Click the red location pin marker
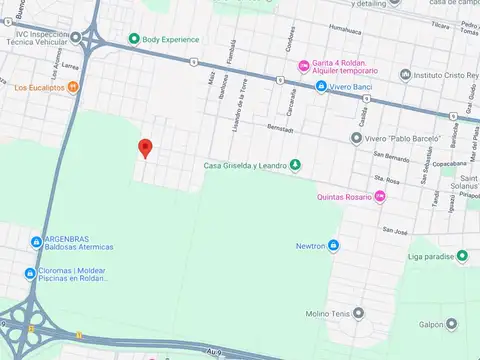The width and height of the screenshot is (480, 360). tap(145, 149)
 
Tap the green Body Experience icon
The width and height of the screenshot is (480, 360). tap(133, 39)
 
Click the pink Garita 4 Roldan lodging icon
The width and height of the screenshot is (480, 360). tap(304, 67)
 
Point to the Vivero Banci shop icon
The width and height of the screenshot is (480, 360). tap(320, 86)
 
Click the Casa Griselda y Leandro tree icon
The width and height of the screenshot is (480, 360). tap(295, 165)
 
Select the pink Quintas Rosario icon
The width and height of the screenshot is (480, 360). tap(379, 196)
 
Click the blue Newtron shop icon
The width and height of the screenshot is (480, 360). tap(333, 245)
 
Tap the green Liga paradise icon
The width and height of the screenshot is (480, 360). tap(462, 257)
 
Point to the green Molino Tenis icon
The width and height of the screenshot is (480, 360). tap(302, 312)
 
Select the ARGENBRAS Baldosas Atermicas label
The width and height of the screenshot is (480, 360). tap(78, 243)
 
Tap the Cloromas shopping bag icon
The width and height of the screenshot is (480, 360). tap(29, 273)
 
